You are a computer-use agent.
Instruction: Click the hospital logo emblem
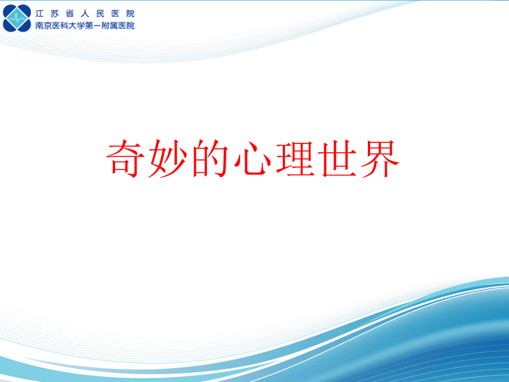17,18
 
